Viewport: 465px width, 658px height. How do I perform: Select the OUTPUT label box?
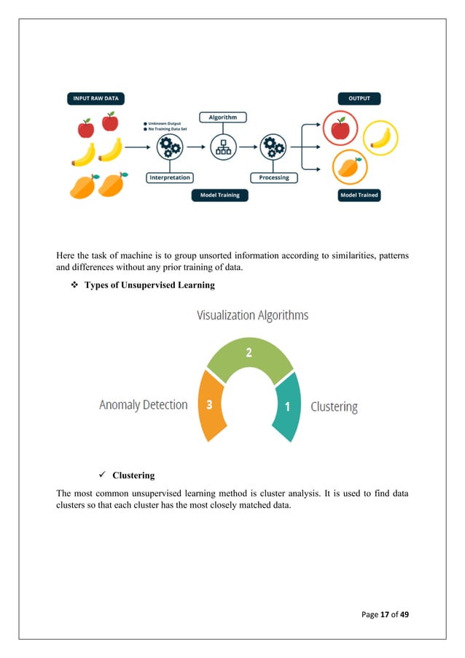click(x=358, y=99)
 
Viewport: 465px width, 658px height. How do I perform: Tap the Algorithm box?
click(x=223, y=117)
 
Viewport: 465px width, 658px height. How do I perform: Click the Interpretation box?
click(x=169, y=177)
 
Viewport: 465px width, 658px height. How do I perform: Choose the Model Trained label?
click(x=359, y=196)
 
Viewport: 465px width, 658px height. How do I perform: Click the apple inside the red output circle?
click(x=340, y=130)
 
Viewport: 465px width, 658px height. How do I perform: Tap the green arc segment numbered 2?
click(x=249, y=355)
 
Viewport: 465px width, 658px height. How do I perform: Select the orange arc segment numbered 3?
click(x=209, y=406)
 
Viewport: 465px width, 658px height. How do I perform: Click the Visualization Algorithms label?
click(x=252, y=315)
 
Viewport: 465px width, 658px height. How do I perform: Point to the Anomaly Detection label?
click(x=144, y=405)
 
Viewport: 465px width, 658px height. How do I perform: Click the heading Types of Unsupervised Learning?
click(x=149, y=285)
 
